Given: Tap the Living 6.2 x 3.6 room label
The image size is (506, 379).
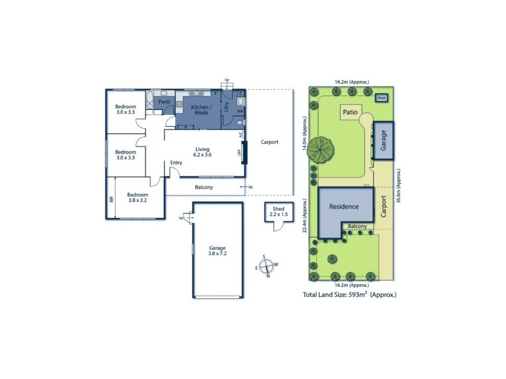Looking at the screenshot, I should pos(202,152).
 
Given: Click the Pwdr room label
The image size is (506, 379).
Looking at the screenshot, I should pos(164,102).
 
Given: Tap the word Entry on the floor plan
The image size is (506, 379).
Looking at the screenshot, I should pos(176,163).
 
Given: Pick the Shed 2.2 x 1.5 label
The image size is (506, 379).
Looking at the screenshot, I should pos(278,212).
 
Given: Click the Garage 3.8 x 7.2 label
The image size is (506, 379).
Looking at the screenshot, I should pos(218,251).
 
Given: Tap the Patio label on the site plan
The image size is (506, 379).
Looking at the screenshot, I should pos(352,112).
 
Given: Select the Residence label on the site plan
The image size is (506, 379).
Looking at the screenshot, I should pos(344,207).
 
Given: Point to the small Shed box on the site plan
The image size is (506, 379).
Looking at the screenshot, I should pos(381,98).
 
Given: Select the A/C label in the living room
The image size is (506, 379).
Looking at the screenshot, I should pos(241,135).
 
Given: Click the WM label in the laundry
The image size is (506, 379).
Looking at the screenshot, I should pos(240,111).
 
